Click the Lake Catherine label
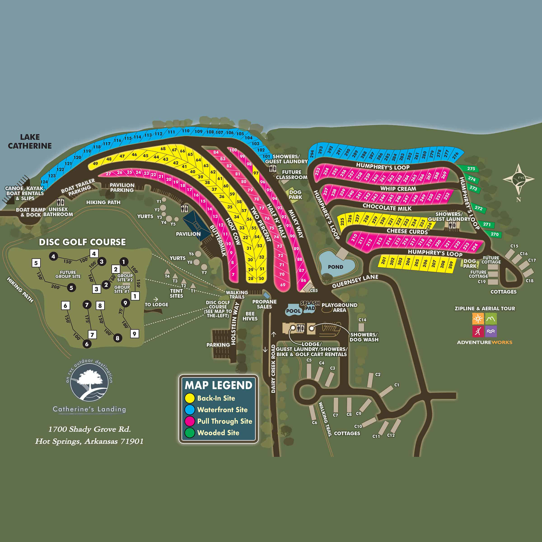(30, 141)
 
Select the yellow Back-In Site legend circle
(190, 398)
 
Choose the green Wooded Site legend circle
(190, 433)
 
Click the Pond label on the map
(335, 267)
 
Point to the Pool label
(293, 311)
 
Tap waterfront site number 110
(186, 131)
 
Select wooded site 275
(471, 169)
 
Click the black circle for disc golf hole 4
(53, 256)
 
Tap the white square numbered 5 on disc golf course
(36, 263)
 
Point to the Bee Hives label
(250, 316)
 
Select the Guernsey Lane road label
(355, 281)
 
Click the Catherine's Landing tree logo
(89, 382)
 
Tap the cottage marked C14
(361, 327)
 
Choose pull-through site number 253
(318, 171)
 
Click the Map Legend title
(218, 385)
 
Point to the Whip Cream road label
(398, 188)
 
